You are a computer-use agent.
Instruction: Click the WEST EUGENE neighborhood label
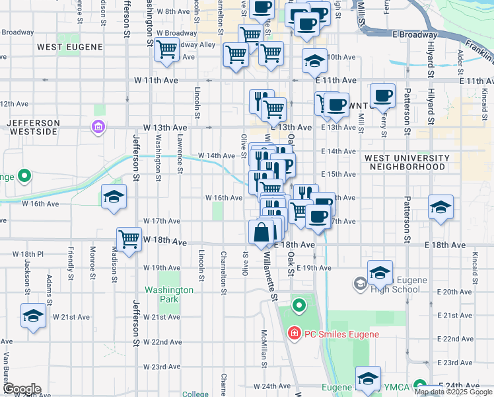point(70,47)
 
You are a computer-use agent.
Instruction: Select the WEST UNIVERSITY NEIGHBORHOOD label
point(406,162)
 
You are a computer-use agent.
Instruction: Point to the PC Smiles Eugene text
point(341,334)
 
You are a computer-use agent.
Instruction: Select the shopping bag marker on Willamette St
point(262,233)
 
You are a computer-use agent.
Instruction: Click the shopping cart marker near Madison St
point(129,239)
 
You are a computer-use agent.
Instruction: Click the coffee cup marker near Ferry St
point(382,95)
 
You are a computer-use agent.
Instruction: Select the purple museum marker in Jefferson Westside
point(98,126)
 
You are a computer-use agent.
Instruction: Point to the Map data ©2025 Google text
point(453,392)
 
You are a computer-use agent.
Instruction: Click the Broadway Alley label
point(192,44)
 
